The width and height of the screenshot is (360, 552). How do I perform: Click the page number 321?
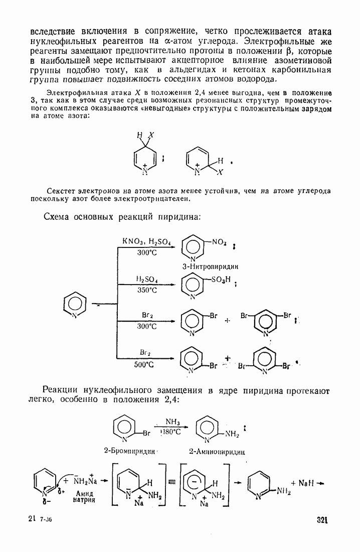pos(322,520)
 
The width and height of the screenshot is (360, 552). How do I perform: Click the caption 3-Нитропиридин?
pos(210,266)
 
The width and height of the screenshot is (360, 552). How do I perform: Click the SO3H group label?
pos(220,281)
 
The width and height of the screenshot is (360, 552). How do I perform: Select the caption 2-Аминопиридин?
pos(217,451)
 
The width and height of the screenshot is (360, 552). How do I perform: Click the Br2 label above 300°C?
pos(147,316)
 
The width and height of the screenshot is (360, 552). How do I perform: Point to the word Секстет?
pos(62,191)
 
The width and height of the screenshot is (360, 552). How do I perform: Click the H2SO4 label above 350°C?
pos(147,279)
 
